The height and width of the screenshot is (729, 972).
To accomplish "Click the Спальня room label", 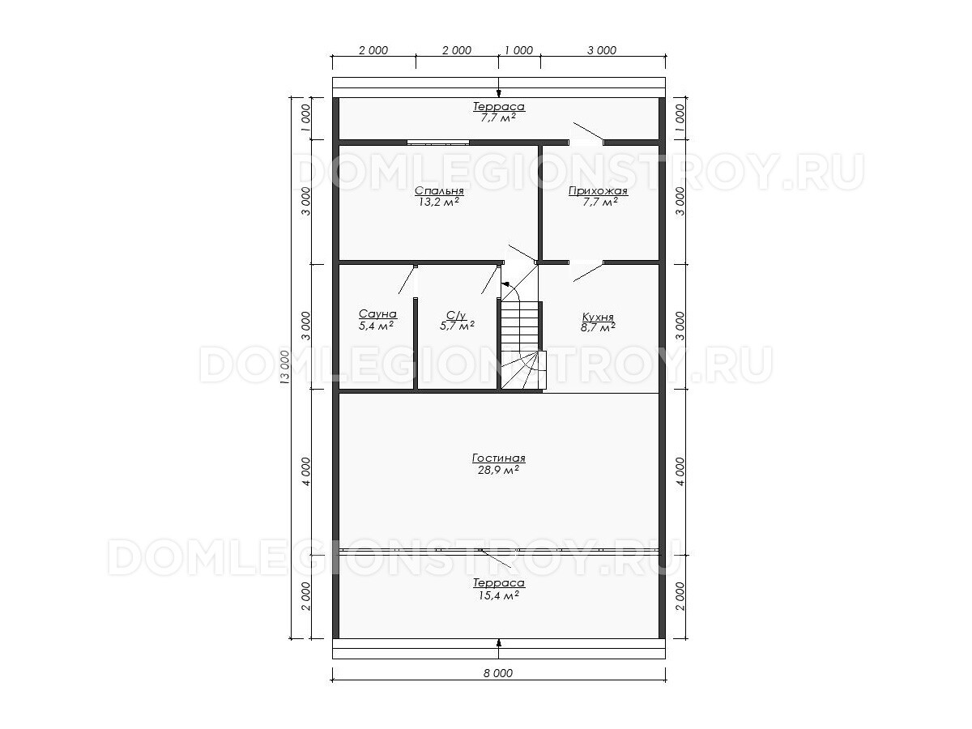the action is [x=439, y=191].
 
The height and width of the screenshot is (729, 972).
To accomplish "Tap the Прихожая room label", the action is [x=598, y=191].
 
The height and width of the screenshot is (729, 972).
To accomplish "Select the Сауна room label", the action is [x=377, y=313].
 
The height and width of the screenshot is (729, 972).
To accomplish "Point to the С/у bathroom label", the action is [x=456, y=315].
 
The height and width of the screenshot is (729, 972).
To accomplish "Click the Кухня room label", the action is [x=597, y=317].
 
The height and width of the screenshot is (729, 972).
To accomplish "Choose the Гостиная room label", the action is [x=499, y=458].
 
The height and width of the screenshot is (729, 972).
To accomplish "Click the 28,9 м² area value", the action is [x=498, y=470].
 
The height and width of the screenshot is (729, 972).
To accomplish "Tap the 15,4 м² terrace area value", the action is [x=499, y=595].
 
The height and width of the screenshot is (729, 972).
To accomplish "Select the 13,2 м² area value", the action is [x=438, y=202].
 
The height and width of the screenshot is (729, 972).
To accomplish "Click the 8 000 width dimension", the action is [x=498, y=673].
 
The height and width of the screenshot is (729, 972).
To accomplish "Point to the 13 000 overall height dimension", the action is [x=285, y=367].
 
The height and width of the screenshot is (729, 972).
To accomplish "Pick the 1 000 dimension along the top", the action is [x=519, y=50].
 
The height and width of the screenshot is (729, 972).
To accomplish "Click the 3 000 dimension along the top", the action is [x=602, y=50].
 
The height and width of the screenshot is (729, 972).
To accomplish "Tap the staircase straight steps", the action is [x=520, y=326].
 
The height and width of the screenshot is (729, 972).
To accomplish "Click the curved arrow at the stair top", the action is [x=510, y=291].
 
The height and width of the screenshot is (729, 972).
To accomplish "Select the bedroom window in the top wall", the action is [x=438, y=143].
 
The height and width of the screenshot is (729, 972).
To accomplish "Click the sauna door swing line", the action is [x=406, y=280].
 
